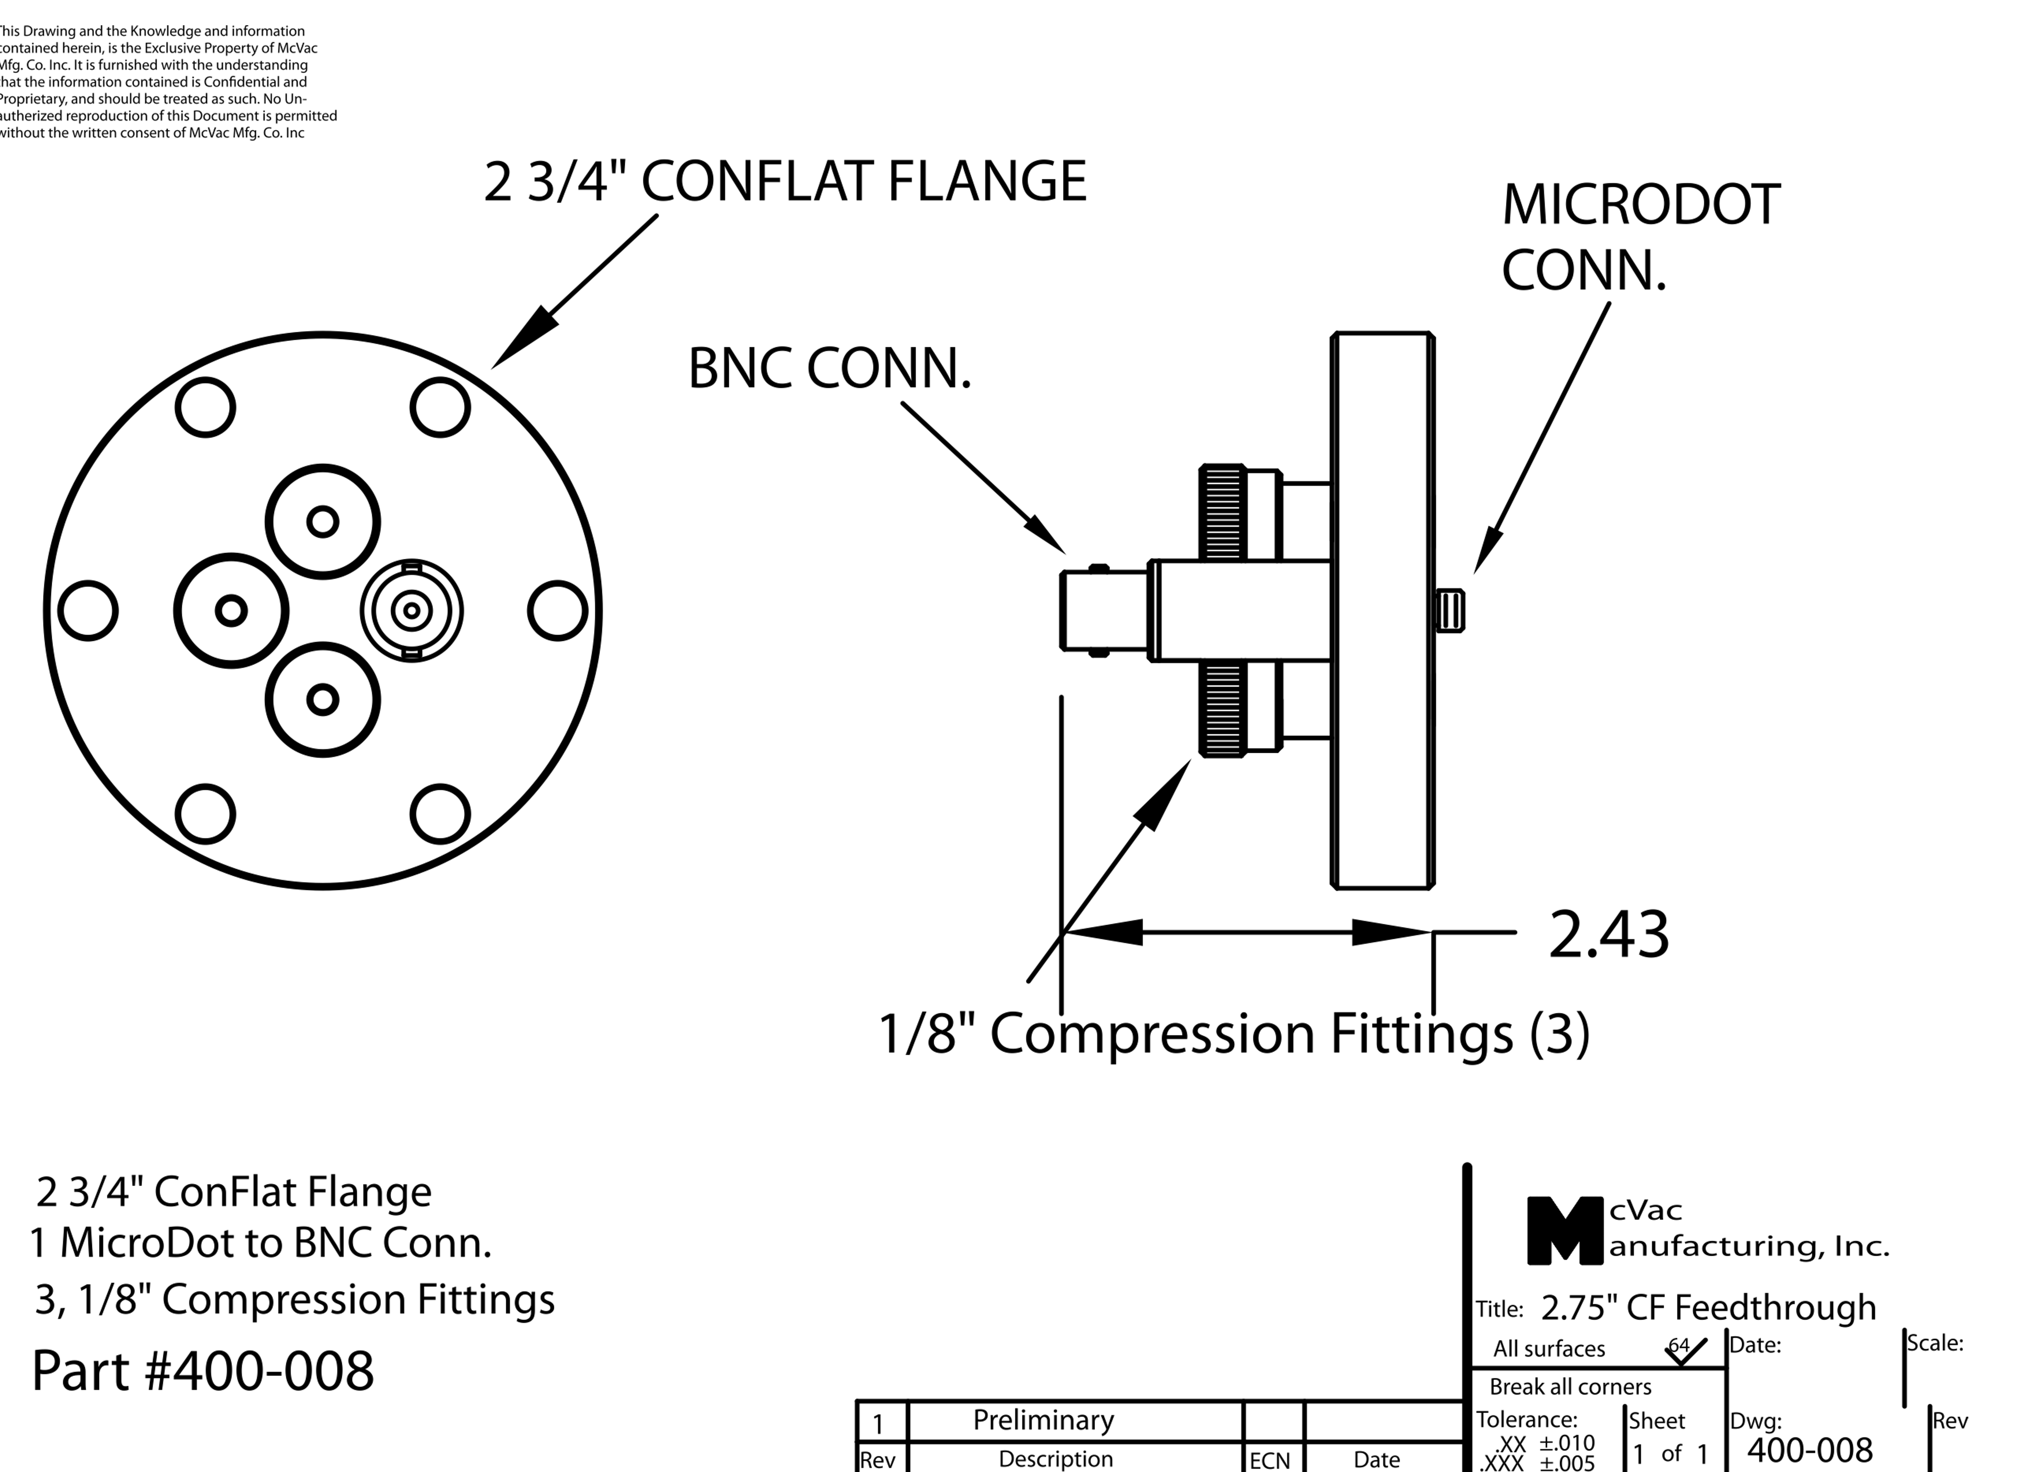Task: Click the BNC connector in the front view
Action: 412,611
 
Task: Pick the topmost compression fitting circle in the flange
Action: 323,522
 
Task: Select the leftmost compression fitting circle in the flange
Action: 232,611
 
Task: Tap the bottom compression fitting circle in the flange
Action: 323,700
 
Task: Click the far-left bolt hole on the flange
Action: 88,611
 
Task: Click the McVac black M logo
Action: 1564,1231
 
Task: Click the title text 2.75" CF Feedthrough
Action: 1707,1308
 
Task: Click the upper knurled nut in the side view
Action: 1222,513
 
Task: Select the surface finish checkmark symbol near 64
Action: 1685,1352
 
